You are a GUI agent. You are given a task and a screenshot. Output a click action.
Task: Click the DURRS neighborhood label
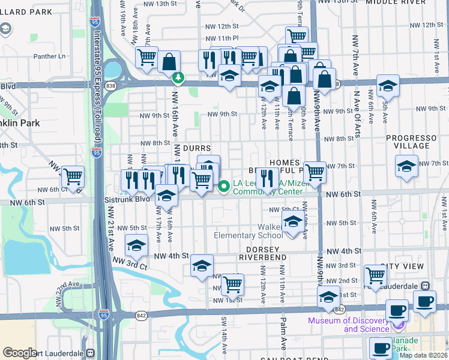pos(197,148)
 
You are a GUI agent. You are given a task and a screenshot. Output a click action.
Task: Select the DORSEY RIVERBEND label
pos(262,253)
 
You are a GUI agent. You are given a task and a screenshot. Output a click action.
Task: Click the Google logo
pos(20,353)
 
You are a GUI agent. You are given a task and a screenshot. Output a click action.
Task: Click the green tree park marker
pos(178,78)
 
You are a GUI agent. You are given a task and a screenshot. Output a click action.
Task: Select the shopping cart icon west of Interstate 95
pos(73,176)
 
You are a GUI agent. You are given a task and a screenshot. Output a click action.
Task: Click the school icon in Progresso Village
pos(406,166)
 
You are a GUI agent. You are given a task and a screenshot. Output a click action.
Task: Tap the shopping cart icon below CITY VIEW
pos(375,275)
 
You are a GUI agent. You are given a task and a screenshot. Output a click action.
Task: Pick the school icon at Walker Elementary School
pos(292,223)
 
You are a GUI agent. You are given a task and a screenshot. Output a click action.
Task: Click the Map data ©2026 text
pos(423,355)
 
